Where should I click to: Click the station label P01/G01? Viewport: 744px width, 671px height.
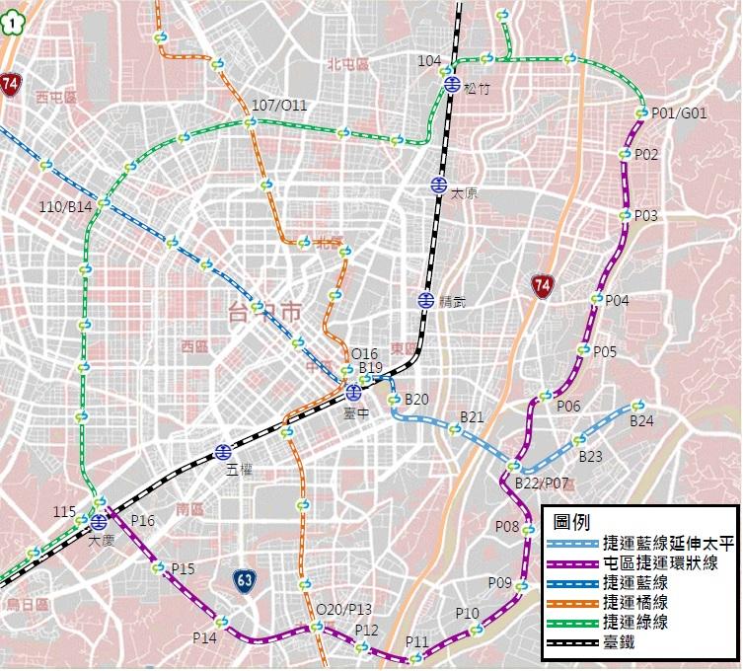(680, 113)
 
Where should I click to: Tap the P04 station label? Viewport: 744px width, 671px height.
(617, 300)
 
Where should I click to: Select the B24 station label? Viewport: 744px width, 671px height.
(641, 421)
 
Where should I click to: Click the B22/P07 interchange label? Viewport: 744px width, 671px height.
(543, 484)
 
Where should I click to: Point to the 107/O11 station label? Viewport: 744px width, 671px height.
(279, 106)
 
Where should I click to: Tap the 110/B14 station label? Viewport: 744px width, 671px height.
(66, 206)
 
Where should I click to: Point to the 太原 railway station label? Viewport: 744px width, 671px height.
(464, 194)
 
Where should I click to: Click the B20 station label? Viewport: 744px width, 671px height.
(416, 400)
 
